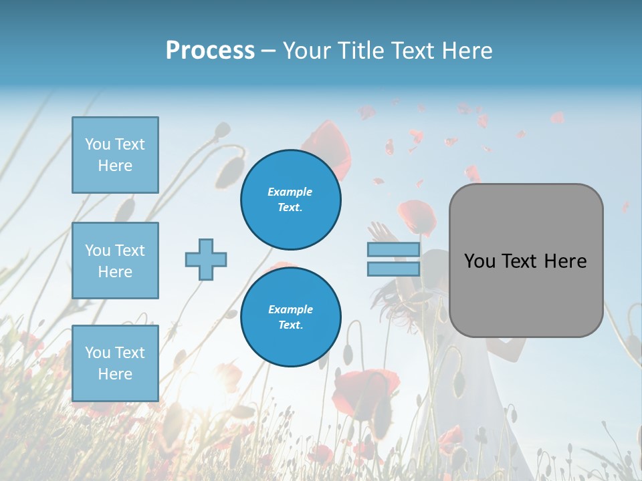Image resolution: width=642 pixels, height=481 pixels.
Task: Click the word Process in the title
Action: (210, 50)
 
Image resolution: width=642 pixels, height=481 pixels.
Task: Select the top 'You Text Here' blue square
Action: (115, 155)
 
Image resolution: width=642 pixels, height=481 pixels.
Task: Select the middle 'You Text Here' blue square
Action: (115, 261)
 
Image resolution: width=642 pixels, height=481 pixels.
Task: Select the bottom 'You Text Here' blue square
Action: (115, 363)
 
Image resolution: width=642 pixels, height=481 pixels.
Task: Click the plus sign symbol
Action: (206, 259)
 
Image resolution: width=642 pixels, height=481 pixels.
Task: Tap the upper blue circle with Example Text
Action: (290, 199)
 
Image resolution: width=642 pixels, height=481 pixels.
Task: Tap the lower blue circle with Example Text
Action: (290, 317)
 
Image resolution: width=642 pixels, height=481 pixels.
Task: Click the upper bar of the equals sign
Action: (393, 250)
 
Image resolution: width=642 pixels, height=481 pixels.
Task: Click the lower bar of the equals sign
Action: (393, 269)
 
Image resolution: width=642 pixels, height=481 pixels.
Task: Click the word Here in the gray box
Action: (565, 261)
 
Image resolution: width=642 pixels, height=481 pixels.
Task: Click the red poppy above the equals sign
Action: (417, 215)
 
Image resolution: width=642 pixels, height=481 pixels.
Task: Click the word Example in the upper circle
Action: (290, 192)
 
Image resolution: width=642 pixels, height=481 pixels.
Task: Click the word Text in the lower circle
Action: (290, 325)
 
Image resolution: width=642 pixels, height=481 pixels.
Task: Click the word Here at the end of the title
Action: (466, 51)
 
